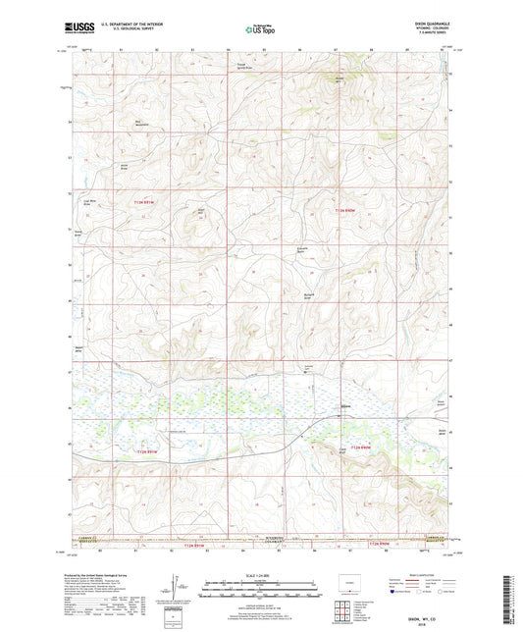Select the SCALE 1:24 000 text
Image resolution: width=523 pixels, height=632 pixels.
point(260,574)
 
